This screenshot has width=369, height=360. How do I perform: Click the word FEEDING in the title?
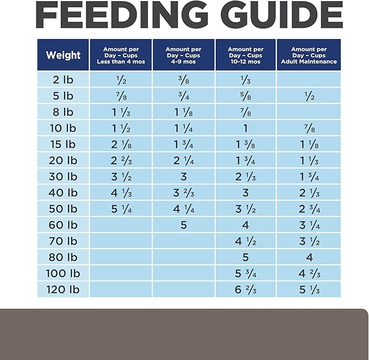(x=122, y=15)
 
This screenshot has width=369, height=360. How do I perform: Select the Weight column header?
(x=63, y=55)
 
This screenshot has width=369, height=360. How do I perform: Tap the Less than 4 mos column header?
(x=121, y=55)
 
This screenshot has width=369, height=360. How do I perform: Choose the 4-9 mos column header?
(x=183, y=55)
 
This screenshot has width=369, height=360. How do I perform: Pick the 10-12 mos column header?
(x=246, y=55)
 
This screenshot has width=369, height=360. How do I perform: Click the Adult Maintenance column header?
(x=309, y=55)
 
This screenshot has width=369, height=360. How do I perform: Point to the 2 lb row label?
(x=63, y=80)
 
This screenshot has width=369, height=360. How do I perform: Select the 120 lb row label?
(x=63, y=289)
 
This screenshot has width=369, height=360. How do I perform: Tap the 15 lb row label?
(x=63, y=144)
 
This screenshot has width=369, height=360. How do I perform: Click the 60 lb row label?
(x=63, y=225)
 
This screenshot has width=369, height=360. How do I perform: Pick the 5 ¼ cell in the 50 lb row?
(x=121, y=209)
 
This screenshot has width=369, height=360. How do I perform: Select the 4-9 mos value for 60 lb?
(x=184, y=225)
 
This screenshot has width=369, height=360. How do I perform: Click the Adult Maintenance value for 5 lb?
(x=309, y=96)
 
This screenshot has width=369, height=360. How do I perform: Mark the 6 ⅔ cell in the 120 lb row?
(x=246, y=290)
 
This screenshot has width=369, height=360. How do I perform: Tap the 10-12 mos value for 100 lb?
(x=246, y=274)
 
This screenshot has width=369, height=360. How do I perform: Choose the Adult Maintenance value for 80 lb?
(x=309, y=257)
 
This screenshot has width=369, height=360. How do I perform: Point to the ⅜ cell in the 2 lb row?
(x=184, y=80)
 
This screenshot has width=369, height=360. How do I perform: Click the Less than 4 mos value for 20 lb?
(x=121, y=161)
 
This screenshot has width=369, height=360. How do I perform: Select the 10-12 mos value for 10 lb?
(x=246, y=128)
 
